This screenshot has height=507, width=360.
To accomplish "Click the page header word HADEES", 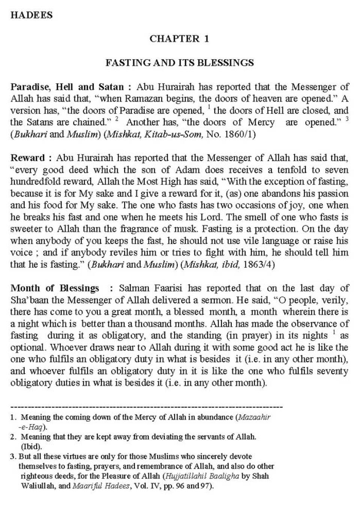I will coord(31,15).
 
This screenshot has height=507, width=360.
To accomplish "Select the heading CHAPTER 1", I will coord(179,39).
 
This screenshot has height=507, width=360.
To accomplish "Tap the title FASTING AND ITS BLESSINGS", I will coord(180,63).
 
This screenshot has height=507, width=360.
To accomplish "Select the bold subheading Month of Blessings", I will coord(55,288).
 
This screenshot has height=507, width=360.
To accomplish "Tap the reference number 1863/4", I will coord(259,265).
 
